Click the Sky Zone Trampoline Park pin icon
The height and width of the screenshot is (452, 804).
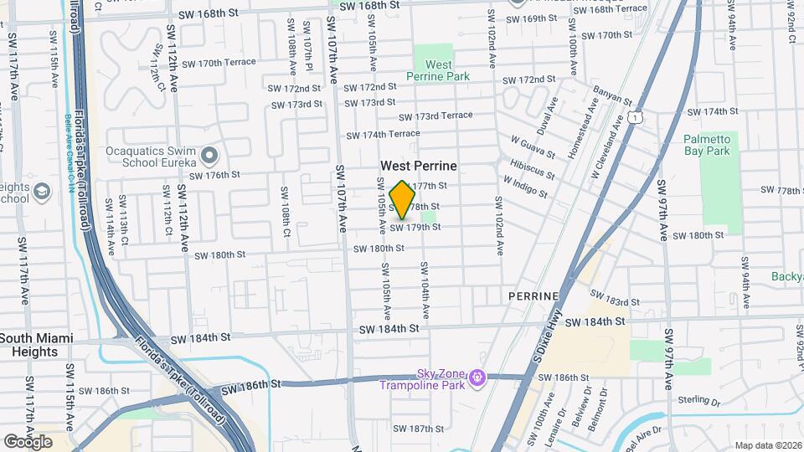point(478,378)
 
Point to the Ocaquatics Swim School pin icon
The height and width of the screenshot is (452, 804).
point(209,156)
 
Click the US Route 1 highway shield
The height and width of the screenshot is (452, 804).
point(638,120)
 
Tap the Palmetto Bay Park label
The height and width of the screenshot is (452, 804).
point(707,145)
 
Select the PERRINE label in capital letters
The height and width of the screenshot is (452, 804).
point(533,297)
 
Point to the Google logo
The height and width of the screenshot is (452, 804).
point(28,441)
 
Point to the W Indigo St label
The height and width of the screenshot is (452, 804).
point(524,186)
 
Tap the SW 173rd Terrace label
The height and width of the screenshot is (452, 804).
point(435,116)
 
